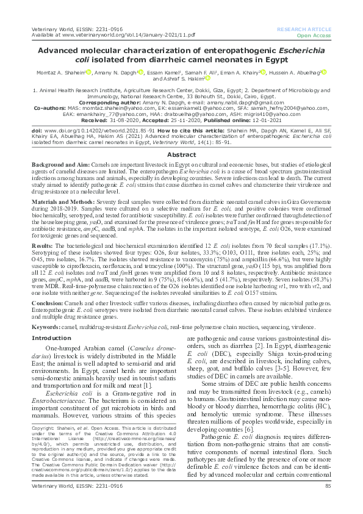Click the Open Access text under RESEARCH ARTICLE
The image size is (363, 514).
[x=318, y=35]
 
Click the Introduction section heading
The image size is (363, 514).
[x=51, y=338]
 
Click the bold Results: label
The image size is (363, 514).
[x=44, y=244]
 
